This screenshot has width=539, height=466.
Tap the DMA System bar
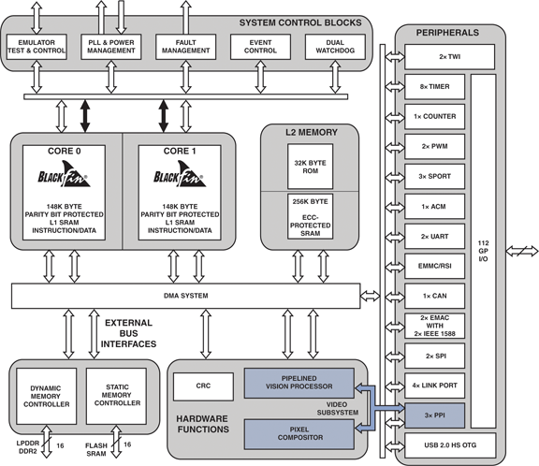pos(187,296)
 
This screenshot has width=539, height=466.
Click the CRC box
pos(203,385)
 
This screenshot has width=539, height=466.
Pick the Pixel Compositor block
pos(299,432)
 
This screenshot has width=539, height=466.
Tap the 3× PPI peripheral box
pos(434,412)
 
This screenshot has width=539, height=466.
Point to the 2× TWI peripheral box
pos(434,58)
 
